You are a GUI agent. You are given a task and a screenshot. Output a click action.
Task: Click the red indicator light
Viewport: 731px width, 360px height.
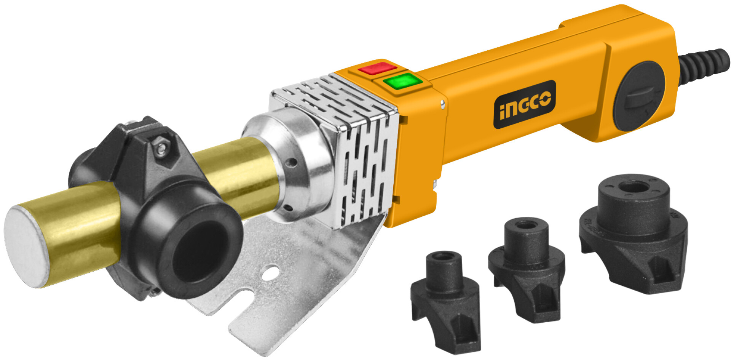tap(377, 68)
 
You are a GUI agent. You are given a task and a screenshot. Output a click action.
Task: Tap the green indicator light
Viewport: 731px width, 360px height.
tap(402, 81)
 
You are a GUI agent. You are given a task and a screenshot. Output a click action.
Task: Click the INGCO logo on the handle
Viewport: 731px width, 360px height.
tap(525, 104)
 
